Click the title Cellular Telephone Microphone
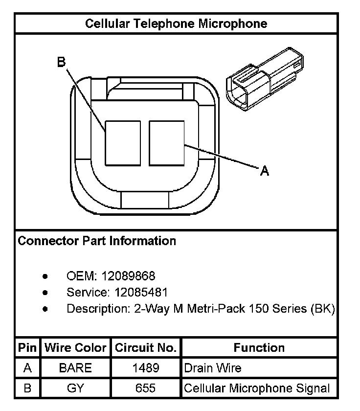coord(176,23)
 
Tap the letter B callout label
coord(61,62)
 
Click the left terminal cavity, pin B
coord(123,143)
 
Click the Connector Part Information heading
coord(97,241)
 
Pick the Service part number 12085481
coord(141,293)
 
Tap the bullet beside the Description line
coord(45,309)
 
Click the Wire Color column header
coord(76,348)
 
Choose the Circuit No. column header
coord(145,348)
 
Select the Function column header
coord(259,348)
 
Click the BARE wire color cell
coord(75,368)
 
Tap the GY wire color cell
coord(75,388)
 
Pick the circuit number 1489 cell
coord(145,368)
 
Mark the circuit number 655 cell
coord(145,388)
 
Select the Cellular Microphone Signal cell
coord(257,388)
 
